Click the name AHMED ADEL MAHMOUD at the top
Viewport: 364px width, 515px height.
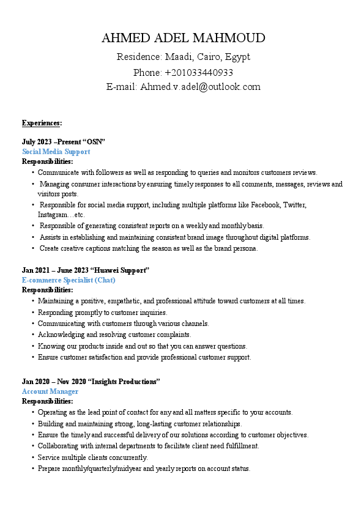184,39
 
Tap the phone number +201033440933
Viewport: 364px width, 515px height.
199,72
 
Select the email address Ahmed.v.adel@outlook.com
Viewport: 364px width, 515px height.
201,87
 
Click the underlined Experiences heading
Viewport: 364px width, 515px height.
42,123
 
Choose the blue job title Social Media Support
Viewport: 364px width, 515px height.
56,152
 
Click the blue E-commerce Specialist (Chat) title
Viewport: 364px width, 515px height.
69,280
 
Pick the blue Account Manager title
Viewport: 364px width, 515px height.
50,391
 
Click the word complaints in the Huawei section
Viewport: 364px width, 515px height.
174,335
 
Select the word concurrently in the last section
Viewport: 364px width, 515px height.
127,458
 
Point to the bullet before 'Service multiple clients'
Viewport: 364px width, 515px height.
32,458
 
